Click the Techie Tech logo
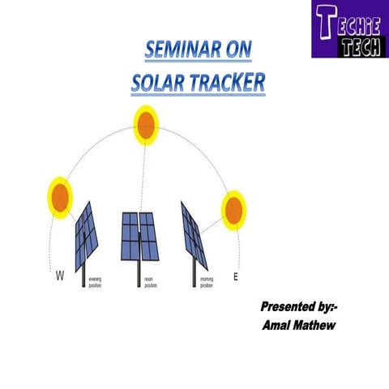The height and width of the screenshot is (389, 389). pos(349,30)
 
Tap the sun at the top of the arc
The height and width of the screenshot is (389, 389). pos(146,124)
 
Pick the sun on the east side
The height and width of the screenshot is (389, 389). pos(233,208)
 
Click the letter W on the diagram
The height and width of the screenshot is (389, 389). pos(60,277)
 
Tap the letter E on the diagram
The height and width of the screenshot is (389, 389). pos(236,277)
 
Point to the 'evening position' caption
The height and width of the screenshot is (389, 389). pos(96,280)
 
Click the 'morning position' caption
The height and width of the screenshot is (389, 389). pos(206,280)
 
